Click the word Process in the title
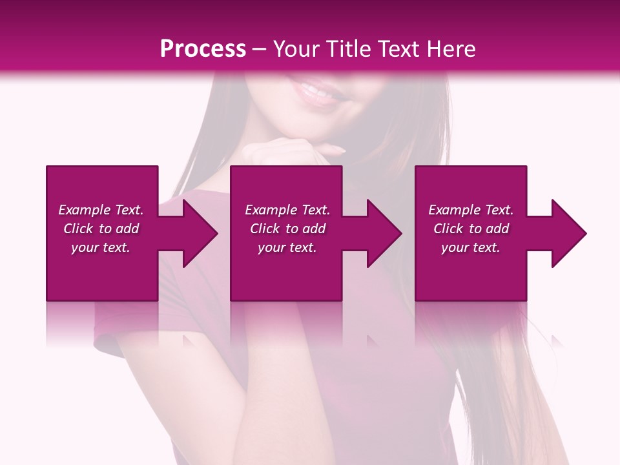pyautogui.click(x=203, y=49)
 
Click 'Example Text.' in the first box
pyautogui.click(x=101, y=210)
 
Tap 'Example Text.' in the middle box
pyautogui.click(x=287, y=210)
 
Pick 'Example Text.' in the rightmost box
pyautogui.click(x=471, y=210)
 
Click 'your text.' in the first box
pyautogui.click(x=101, y=247)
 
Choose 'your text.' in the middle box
pyautogui.click(x=287, y=247)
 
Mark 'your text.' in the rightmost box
pyautogui.click(x=471, y=247)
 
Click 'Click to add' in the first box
pyautogui.click(x=101, y=229)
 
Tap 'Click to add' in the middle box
pyautogui.click(x=287, y=229)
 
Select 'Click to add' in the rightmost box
pyautogui.click(x=471, y=229)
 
